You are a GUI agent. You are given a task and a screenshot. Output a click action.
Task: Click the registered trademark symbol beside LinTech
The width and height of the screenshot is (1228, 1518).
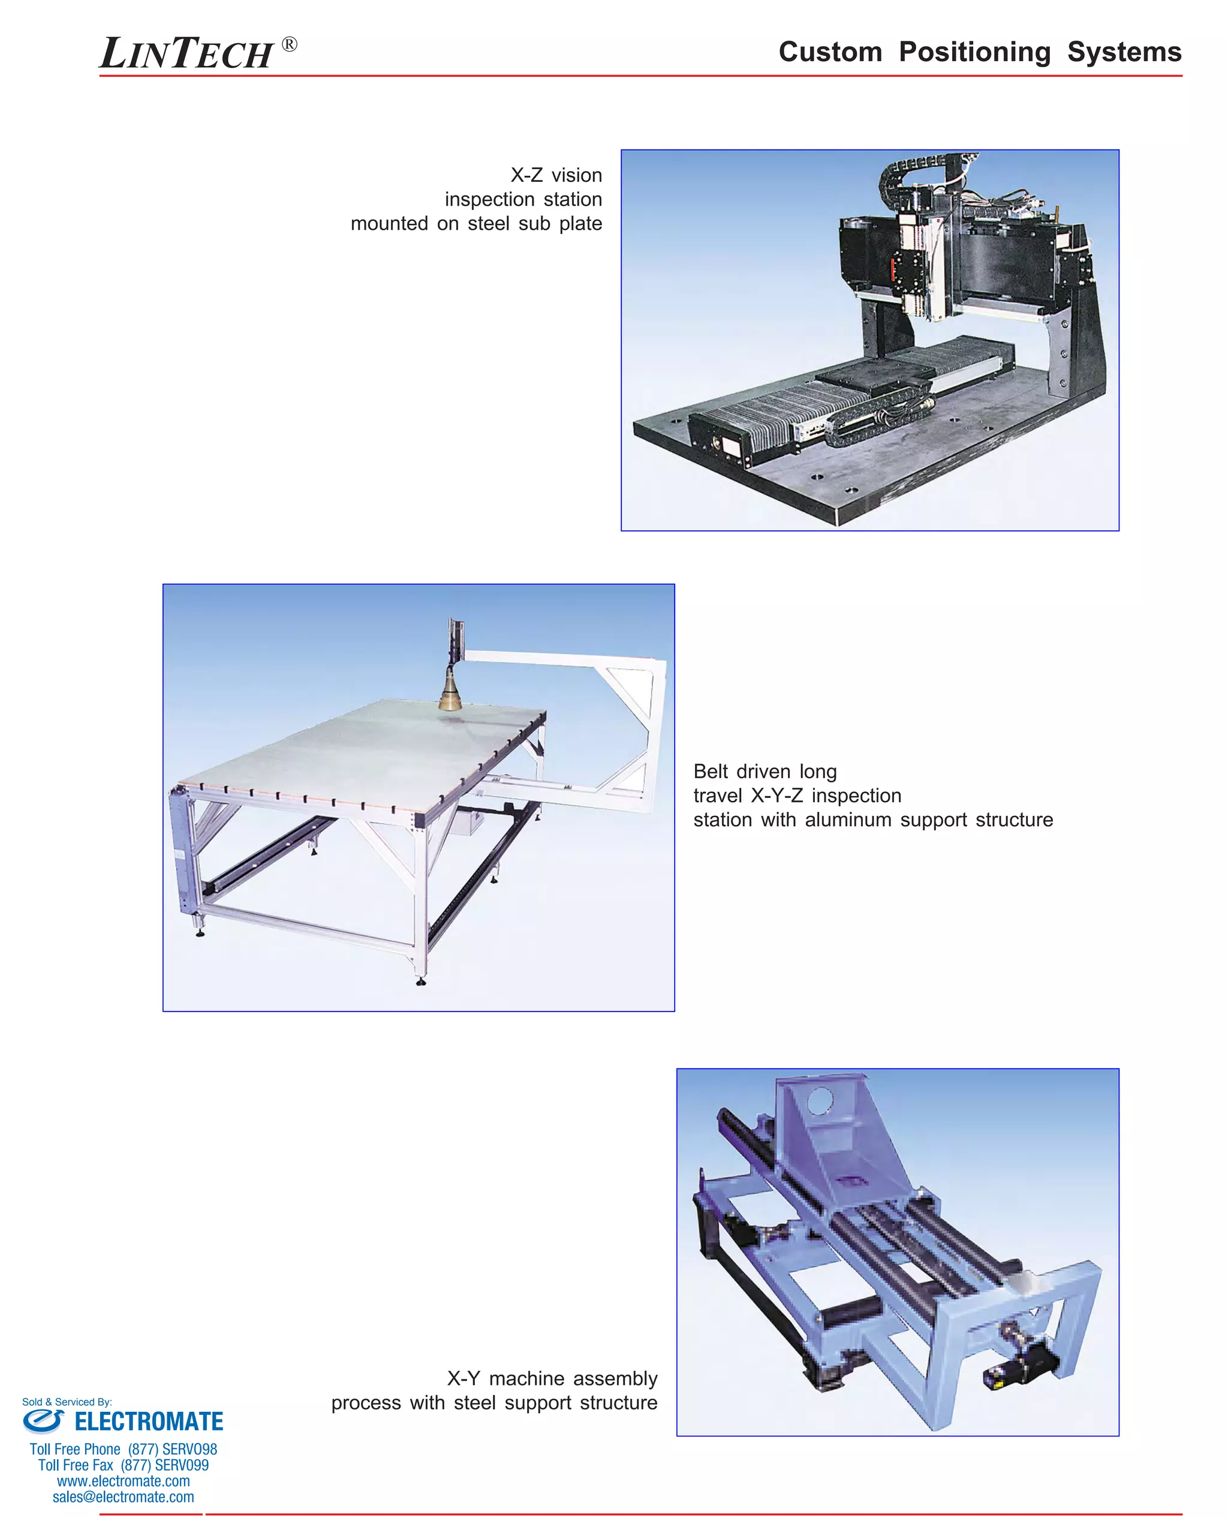290,44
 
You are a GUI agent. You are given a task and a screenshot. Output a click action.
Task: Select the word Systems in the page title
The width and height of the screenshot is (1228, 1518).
1124,52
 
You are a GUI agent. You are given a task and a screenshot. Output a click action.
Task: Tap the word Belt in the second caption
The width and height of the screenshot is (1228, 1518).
711,772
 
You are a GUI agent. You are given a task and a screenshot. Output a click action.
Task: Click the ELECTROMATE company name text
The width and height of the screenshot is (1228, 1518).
149,1422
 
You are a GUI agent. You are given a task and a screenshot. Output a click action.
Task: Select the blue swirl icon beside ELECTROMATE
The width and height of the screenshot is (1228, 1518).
44,1420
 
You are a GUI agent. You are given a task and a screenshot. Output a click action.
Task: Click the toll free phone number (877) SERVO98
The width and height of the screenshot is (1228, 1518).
172,1450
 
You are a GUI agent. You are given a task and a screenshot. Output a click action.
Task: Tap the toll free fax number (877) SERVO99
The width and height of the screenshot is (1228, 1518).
164,1465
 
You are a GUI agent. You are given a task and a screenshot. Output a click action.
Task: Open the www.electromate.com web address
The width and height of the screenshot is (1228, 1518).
123,1481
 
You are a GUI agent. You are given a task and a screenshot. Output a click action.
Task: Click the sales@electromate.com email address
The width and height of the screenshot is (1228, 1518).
123,1497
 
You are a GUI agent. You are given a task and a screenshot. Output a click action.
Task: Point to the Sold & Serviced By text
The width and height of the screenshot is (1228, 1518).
67,1402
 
